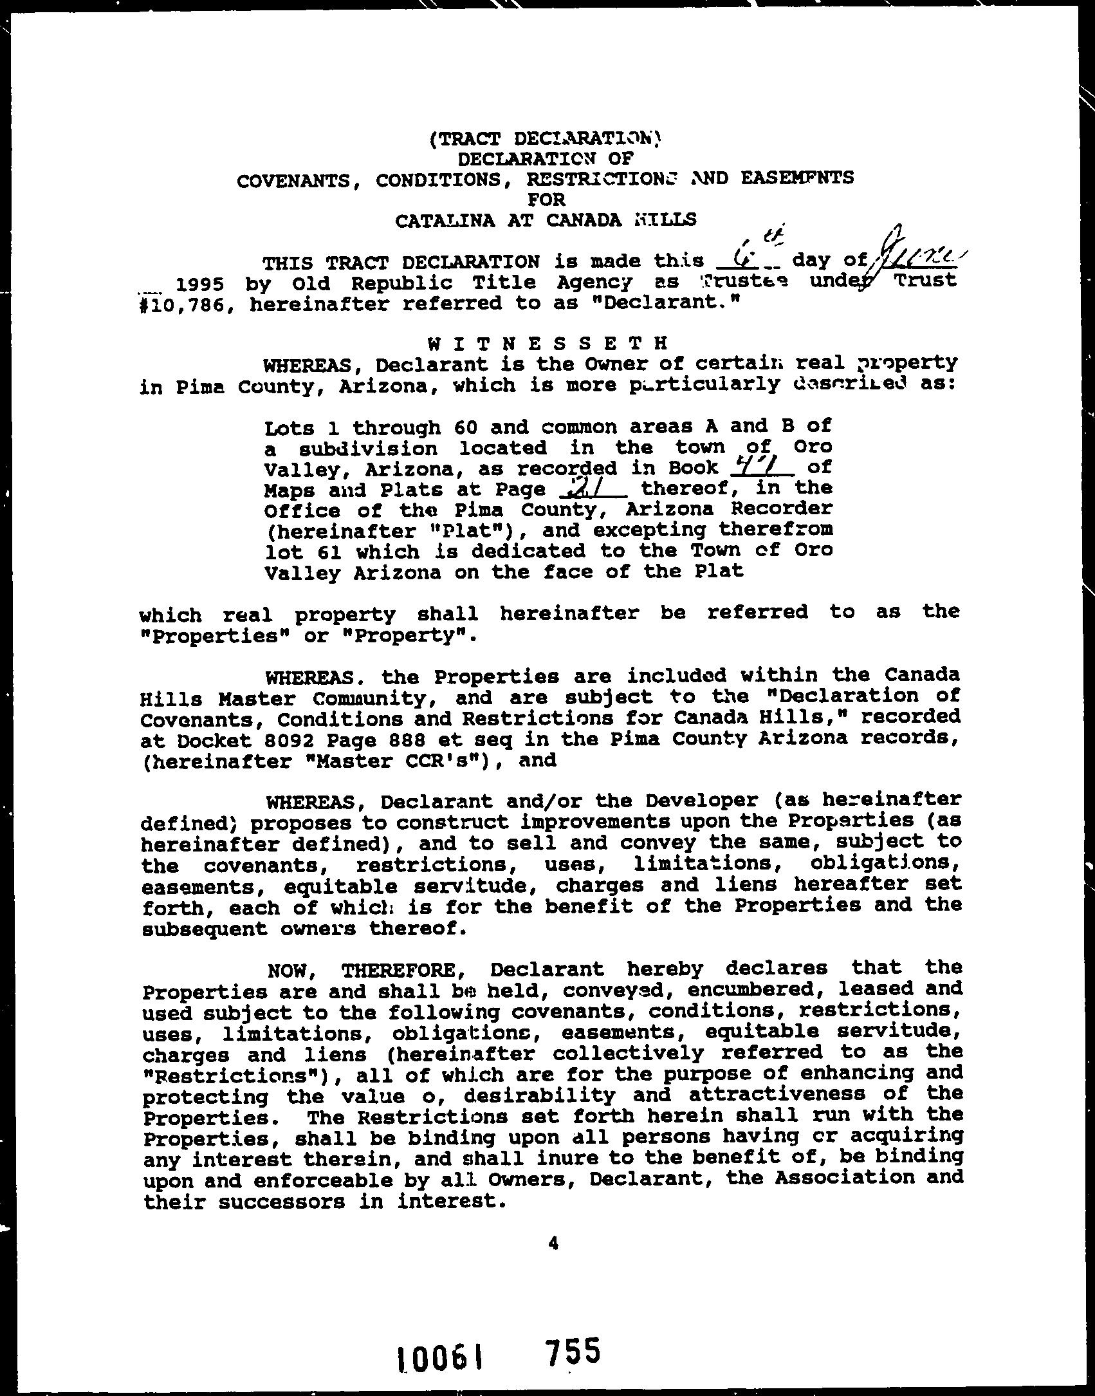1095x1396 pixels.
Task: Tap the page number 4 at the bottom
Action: coord(553,1244)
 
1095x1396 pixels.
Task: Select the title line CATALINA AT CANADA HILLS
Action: coord(546,221)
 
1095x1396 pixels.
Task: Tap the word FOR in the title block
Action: coord(546,200)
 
